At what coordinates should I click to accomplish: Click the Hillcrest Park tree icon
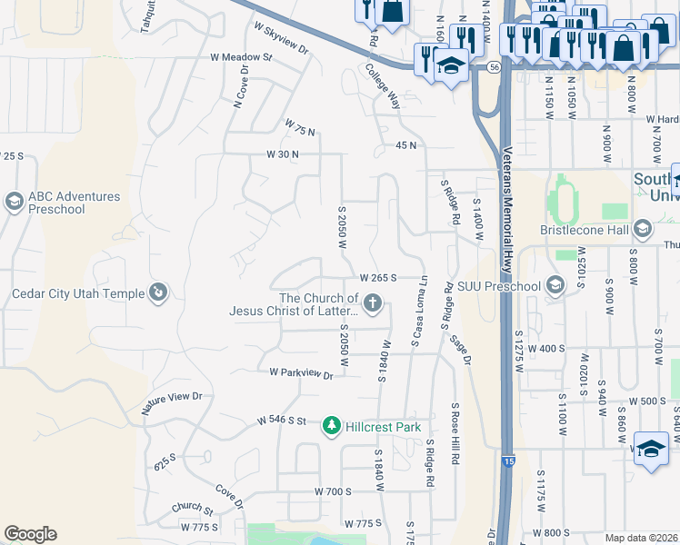pyautogui.click(x=333, y=426)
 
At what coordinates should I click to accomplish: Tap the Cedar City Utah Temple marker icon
pyautogui.click(x=158, y=292)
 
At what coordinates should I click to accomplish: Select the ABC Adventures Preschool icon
pyautogui.click(x=14, y=202)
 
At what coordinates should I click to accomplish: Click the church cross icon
pyautogui.click(x=372, y=302)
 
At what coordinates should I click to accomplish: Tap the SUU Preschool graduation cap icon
pyautogui.click(x=555, y=286)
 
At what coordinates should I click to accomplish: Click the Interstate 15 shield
pyautogui.click(x=505, y=461)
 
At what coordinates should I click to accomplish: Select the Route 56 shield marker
pyautogui.click(x=493, y=67)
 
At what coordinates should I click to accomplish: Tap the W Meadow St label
pyautogui.click(x=241, y=57)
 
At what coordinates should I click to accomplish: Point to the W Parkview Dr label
pyautogui.click(x=301, y=373)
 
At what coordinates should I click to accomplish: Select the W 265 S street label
pyautogui.click(x=379, y=278)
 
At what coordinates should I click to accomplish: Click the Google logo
pyautogui.click(x=30, y=534)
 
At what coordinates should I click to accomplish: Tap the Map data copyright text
pyautogui.click(x=640, y=538)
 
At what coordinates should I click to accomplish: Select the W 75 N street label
pyautogui.click(x=300, y=127)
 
